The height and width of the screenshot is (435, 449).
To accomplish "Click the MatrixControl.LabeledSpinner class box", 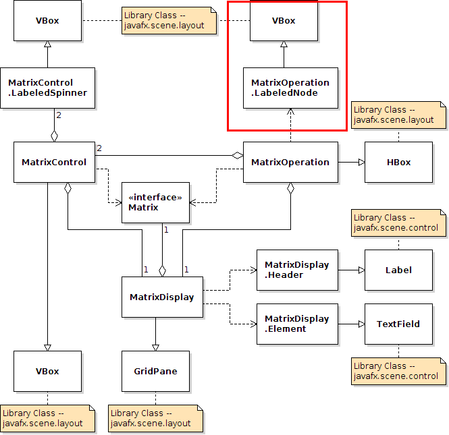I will coord(47,88).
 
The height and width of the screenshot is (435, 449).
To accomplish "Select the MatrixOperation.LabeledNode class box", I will coord(290,88).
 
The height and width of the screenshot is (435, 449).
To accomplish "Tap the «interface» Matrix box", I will coord(155,202).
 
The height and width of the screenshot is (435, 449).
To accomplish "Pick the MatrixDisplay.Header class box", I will coord(297,270).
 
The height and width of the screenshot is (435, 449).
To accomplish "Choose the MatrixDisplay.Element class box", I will coord(297,324).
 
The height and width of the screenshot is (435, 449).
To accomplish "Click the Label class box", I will coord(398,270).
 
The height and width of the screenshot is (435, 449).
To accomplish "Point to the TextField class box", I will coord(398,324).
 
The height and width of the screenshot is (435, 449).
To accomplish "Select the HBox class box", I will coord(398,162).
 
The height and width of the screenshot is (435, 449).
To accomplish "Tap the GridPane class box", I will coord(155,371).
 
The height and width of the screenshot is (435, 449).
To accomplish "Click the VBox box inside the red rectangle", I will coord(284,20).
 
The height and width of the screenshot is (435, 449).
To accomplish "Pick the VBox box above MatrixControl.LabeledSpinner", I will coord(47,20).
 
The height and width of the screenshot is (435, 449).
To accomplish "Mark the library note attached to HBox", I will coord(398,115).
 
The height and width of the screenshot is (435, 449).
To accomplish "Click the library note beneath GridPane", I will coord(155,418).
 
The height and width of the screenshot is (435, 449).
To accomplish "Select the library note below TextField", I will coord(398,371).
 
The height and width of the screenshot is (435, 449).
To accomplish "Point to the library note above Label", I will coord(398,223).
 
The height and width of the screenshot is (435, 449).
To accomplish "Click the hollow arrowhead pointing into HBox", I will coord(361,162).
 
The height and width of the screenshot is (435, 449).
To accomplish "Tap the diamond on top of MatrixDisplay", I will coord(162,270).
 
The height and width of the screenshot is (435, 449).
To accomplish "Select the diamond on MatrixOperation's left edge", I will coord(237,155).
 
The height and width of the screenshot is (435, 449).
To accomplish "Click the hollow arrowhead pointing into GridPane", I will coord(155,347).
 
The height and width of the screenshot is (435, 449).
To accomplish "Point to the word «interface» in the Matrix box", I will coord(155,197).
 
